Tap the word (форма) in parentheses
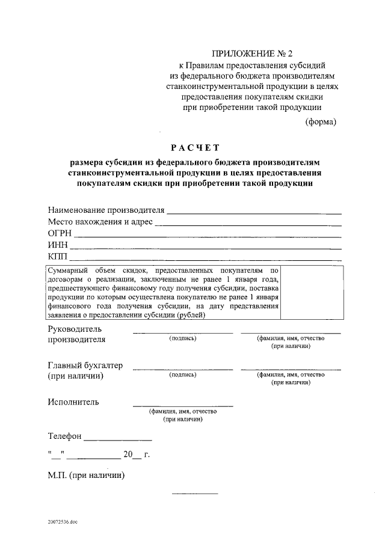[321, 121]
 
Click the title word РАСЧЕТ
[196, 147]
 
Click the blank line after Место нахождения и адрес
[248, 225]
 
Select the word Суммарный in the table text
[67, 270]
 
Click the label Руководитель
[75, 329]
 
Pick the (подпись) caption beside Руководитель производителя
[183, 338]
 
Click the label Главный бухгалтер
[85, 365]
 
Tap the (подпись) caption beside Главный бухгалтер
[183, 374]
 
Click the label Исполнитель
[73, 402]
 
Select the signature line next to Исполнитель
[183, 406]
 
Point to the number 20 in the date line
[128, 454]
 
